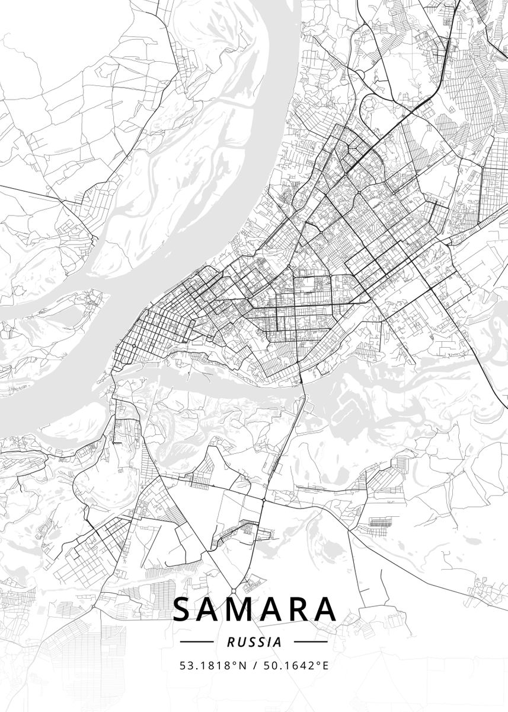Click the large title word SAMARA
click(254, 609)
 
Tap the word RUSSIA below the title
click(254, 642)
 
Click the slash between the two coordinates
click(254, 665)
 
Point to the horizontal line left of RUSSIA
click(196, 642)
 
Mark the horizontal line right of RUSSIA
click(311, 642)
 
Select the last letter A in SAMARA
click(325, 609)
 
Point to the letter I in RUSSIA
click(269, 642)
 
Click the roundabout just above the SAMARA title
click(234, 591)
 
